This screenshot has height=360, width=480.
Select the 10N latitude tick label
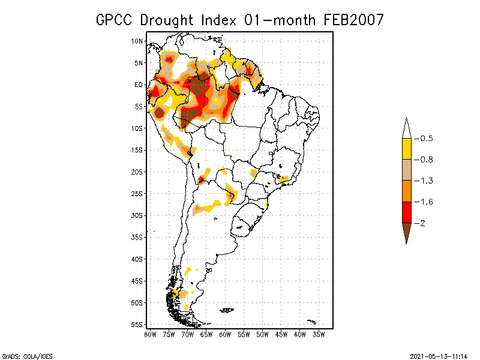point(137,41)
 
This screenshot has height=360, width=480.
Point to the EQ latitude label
point(139,85)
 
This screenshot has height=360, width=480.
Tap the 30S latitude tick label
point(137,215)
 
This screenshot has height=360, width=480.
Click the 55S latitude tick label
point(137,325)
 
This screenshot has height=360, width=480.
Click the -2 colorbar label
point(422,223)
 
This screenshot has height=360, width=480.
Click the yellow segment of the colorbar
point(406,149)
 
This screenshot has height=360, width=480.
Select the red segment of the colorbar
point(406,212)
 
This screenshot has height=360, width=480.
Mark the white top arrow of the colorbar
point(406,130)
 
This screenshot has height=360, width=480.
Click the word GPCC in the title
point(115,20)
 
